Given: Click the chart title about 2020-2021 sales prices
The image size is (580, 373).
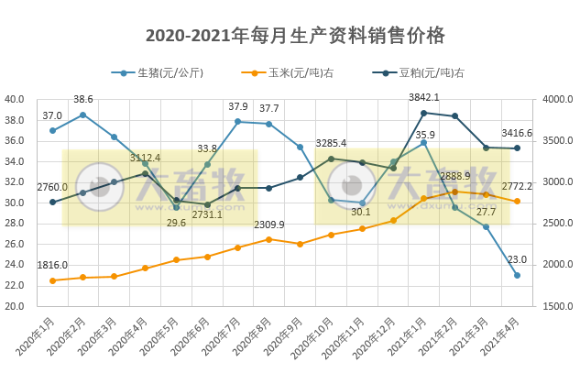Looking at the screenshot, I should coord(295,36).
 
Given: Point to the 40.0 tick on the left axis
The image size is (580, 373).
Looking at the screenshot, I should coord(15,99).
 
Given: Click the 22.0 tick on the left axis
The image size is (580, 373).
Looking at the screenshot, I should coord(15,285).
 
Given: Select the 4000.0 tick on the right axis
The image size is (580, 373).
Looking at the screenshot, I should coord(557,99).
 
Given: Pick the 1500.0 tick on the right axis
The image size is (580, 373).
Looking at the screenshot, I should coord(557,306).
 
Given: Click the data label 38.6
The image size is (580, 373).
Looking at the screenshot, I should coord(83,99).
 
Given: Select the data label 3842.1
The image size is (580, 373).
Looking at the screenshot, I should coord(423,97).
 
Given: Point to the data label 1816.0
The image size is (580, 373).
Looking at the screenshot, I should coord(52,266).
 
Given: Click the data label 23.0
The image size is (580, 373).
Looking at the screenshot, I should coord(517,259).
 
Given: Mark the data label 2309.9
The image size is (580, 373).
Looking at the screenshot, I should coord(268,225).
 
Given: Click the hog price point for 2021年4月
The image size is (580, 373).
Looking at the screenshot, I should coord(517,275).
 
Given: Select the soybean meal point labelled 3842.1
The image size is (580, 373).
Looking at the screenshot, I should coord(423,113).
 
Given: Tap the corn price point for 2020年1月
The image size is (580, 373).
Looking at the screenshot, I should coord(52,280).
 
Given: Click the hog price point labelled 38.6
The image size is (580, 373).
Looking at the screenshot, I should coord(83,115).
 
